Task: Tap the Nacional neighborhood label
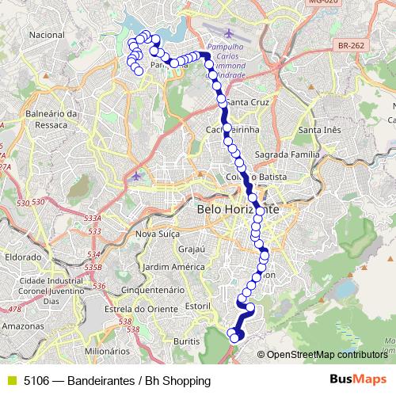(46, 35)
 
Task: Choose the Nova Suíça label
(159, 234)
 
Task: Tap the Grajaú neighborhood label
(192, 249)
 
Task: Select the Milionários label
(106, 350)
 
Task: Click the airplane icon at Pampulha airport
(229, 33)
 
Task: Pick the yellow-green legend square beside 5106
(10, 380)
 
